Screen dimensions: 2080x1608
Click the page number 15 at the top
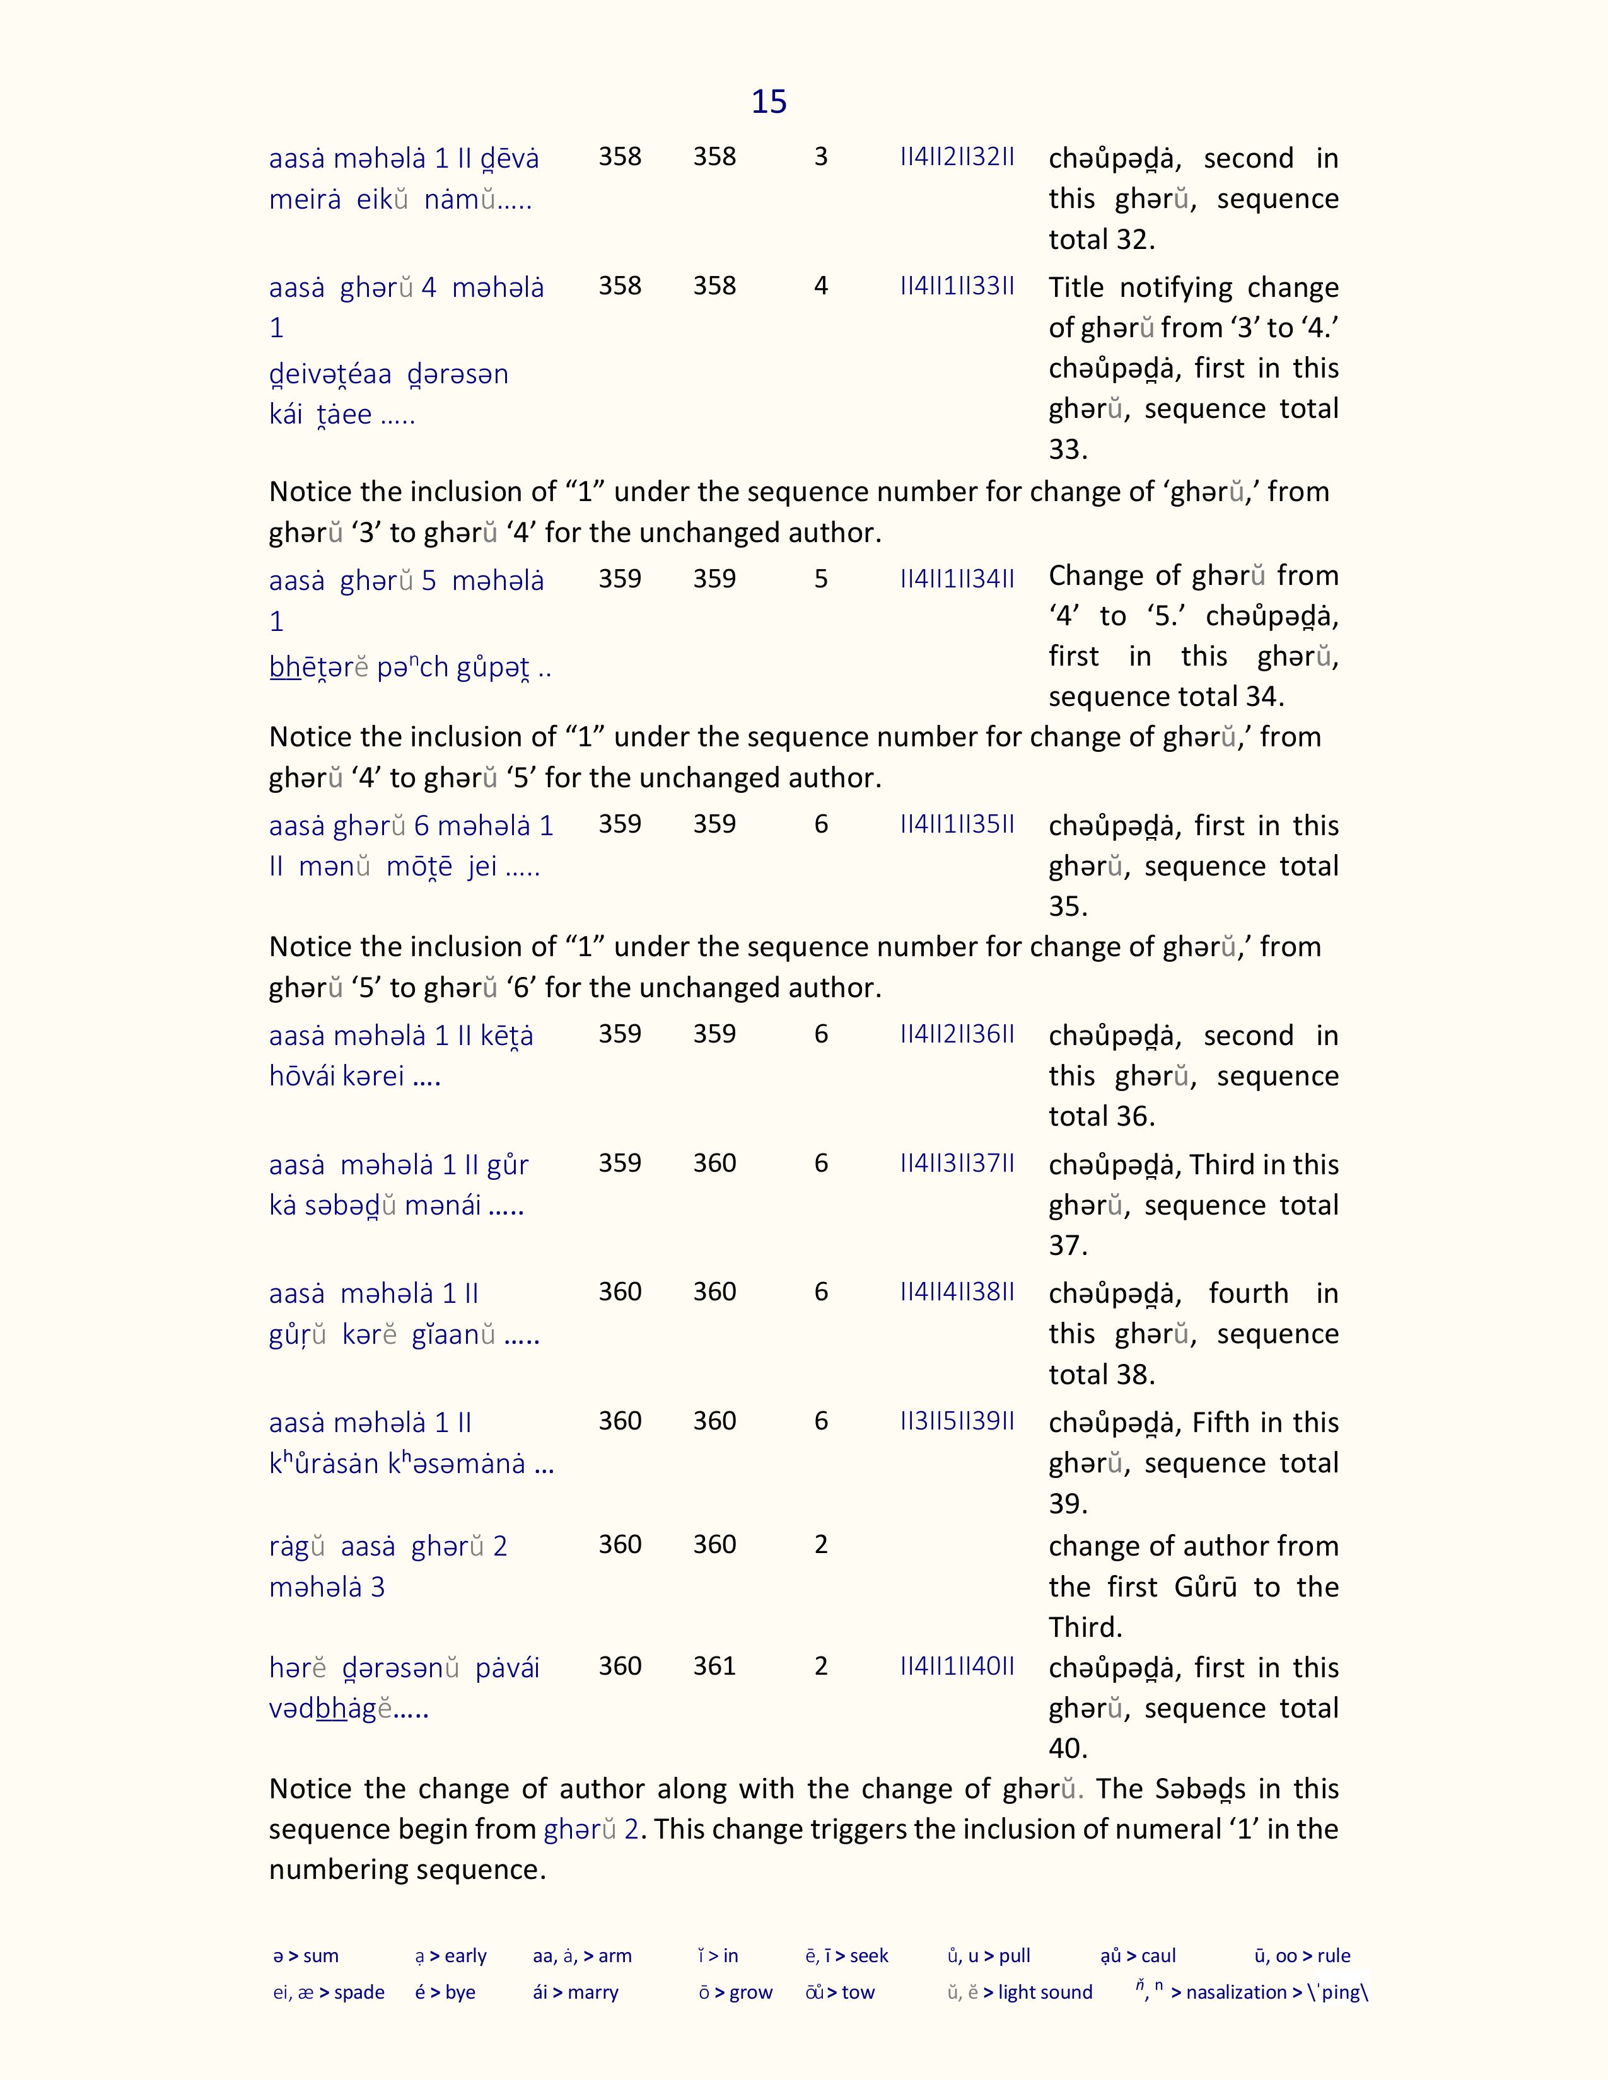(769, 102)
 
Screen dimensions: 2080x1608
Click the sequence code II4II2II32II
(957, 157)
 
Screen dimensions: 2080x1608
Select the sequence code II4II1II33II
(957, 286)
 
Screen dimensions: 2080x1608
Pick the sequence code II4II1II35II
(957, 824)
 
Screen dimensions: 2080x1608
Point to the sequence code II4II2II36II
(957, 1034)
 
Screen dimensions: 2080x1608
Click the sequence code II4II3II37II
(957, 1163)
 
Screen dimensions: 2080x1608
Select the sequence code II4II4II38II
(957, 1292)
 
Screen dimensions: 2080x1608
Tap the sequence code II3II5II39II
(957, 1421)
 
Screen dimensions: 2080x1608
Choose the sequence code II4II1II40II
(957, 1666)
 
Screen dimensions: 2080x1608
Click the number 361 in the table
(714, 1666)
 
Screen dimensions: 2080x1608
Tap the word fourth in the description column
(1248, 1293)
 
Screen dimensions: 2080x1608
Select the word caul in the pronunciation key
(1158, 1956)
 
